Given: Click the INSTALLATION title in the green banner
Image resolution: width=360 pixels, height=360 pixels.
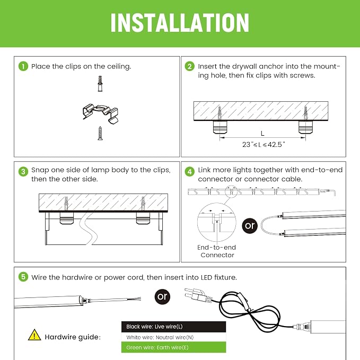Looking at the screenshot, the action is coord(180,22).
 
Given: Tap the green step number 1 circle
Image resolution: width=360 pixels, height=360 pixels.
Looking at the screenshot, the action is coord(23,66).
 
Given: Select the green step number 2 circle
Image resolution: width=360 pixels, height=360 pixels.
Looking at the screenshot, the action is coord(190,66).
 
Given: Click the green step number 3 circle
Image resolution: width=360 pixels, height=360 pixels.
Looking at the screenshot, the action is coord(23,171).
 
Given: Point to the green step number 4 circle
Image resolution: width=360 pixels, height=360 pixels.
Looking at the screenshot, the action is coord(190,171).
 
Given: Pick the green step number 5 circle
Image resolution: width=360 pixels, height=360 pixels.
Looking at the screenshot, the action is coord(23,277).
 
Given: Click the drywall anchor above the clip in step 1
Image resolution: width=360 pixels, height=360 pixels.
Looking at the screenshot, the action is coord(100,84).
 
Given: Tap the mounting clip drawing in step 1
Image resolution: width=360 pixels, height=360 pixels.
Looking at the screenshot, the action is coord(101,113).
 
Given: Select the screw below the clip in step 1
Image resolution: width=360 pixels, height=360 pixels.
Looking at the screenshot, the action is coord(100,133).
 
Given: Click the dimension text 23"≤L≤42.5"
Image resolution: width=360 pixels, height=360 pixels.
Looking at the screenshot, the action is coord(264,144).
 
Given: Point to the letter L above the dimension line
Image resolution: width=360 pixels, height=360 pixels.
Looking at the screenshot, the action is coord(262,134).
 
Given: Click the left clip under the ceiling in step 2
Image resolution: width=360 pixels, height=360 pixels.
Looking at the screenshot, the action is coord(220,127).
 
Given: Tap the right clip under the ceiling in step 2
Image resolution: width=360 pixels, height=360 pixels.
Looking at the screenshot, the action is coord(305,127).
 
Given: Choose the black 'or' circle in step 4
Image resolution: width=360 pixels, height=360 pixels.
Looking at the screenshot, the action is coord(250,226).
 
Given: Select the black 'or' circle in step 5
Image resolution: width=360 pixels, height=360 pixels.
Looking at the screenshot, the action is coord(163,296).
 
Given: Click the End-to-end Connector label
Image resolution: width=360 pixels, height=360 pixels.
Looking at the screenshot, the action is coord(217,251).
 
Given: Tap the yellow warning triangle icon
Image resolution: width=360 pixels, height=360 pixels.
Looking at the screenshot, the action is coord(34,335).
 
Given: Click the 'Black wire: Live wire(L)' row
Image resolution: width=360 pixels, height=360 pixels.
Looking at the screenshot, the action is coord(173,327).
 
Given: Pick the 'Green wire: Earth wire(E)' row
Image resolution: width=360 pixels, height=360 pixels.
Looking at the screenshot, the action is coord(173,347).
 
